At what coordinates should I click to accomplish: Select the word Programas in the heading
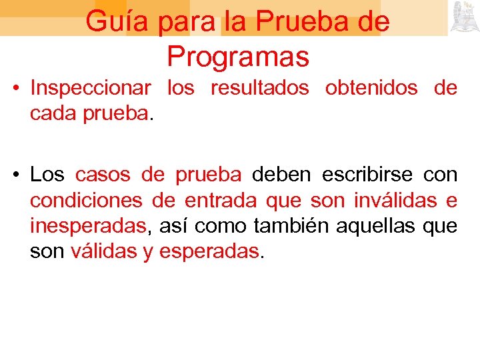[238, 57]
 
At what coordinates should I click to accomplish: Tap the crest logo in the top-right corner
[464, 17]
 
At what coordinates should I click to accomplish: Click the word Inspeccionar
[91, 88]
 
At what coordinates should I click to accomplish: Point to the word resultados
[260, 88]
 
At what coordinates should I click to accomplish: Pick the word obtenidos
[371, 88]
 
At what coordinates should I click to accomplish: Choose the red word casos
[103, 175]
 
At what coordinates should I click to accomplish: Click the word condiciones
[86, 200]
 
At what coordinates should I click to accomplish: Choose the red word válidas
[103, 251]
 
